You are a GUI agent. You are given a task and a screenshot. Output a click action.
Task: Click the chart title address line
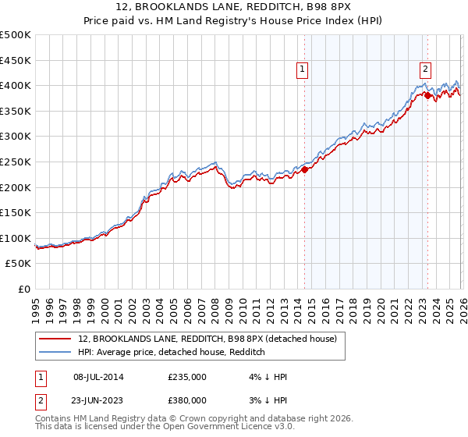[x=234, y=8]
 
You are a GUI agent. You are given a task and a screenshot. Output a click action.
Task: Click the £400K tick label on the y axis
[x=16, y=85]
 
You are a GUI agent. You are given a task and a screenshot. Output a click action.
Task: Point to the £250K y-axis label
[x=16, y=162]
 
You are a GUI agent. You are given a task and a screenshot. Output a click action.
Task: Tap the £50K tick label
[x=19, y=264]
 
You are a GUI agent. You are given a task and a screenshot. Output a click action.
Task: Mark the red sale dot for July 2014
[x=305, y=169]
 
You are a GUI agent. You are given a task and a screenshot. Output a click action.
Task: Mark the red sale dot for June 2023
[x=428, y=95]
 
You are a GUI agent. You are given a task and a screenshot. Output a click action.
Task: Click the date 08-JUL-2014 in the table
[x=104, y=377]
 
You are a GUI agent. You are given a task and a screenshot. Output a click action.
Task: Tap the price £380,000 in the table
[x=187, y=400]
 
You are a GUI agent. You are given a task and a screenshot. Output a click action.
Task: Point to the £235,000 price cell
[x=187, y=377]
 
